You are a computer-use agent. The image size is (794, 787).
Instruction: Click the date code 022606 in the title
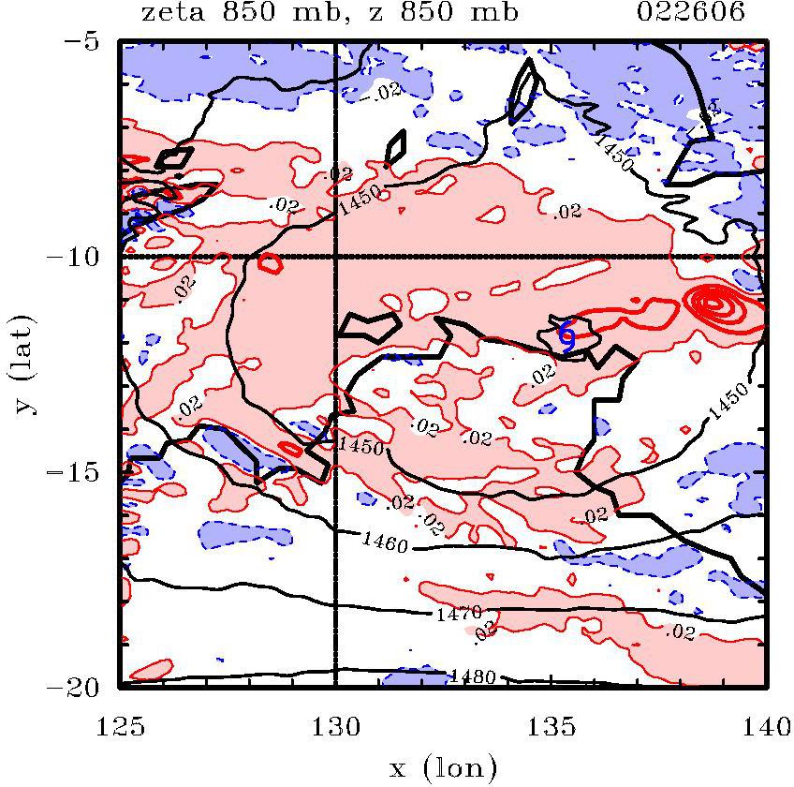704,12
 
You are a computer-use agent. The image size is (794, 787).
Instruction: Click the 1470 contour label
459,614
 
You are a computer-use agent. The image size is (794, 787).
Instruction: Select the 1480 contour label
473,676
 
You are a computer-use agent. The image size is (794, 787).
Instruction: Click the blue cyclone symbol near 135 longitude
566,334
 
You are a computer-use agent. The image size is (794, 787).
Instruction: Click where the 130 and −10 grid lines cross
335,257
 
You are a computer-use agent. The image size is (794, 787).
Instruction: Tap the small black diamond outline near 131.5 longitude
397,146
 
